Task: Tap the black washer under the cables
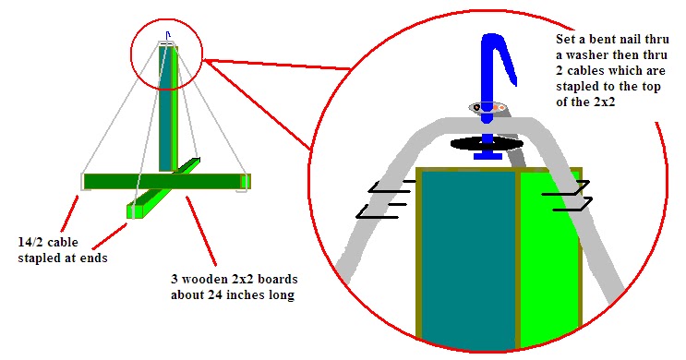coord(486,144)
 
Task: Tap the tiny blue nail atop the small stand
coord(166,38)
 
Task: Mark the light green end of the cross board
coord(135,211)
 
